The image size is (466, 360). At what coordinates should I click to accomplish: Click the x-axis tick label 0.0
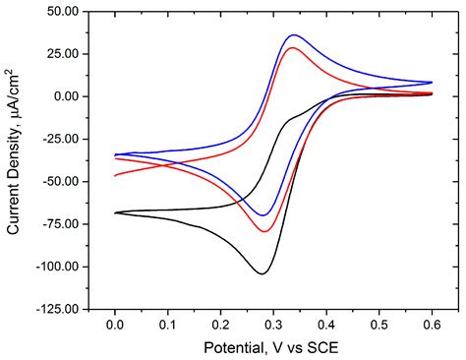point(115,323)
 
